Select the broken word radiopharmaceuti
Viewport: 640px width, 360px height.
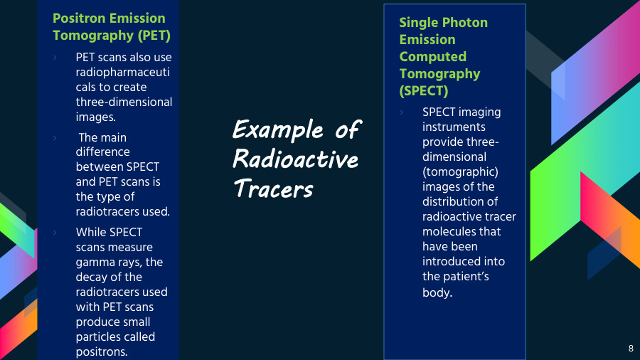coord(124,72)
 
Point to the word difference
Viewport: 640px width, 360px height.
coord(103,152)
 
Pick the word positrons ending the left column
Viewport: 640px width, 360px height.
coord(101,351)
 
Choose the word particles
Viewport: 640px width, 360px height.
coord(99,337)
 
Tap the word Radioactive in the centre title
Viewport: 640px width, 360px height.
coord(295,159)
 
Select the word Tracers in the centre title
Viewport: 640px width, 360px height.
coord(273,189)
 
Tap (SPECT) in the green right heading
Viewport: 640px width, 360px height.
coord(424,91)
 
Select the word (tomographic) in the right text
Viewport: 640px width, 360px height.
coord(460,171)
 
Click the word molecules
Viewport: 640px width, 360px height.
coord(452,231)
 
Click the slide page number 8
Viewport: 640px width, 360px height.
coord(630,349)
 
